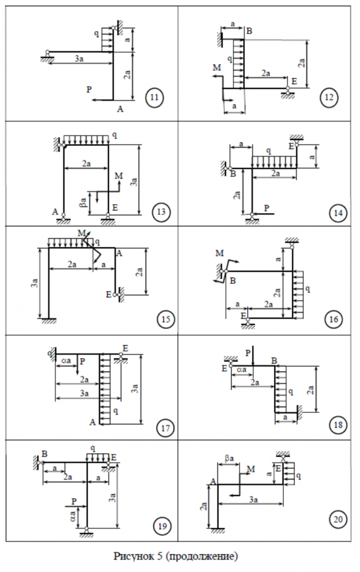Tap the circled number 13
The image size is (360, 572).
pos(160,213)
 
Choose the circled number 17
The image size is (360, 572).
pos(164,427)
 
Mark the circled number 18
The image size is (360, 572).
pos(337,424)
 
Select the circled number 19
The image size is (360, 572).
pos(162,526)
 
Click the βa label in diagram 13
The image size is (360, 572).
pos(84,201)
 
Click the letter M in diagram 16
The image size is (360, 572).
pos(220,253)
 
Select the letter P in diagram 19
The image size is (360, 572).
pos(74,500)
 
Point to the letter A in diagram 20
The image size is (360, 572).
pos(212,482)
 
